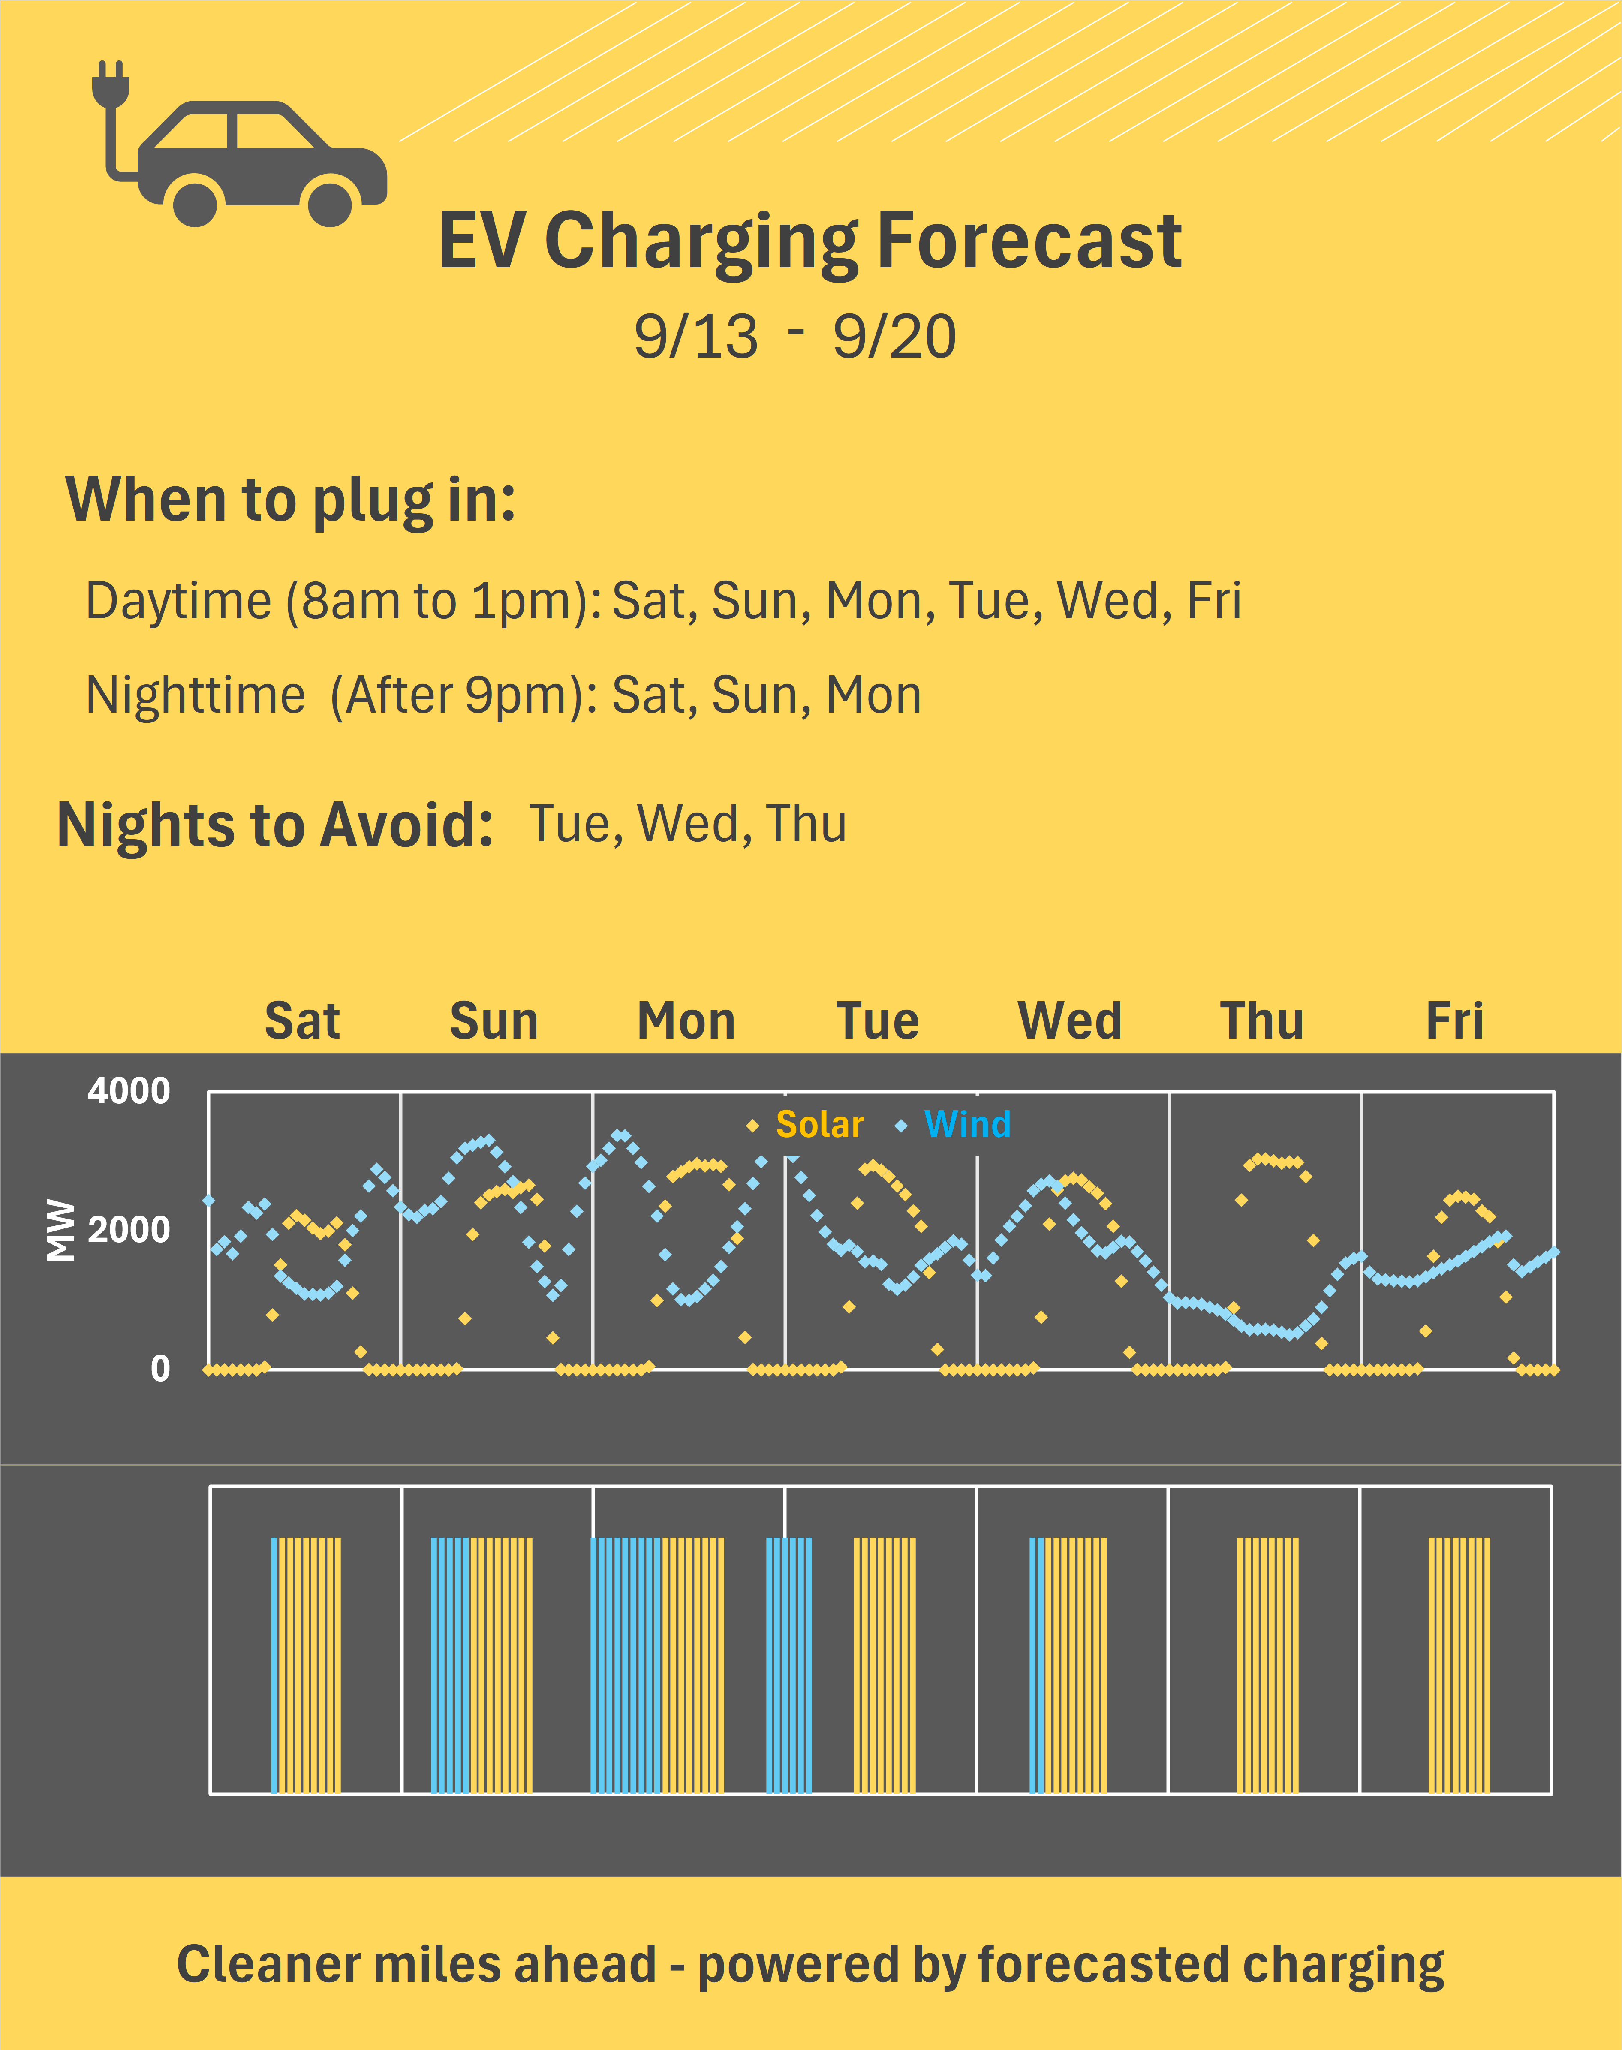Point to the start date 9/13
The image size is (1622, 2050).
pos(696,337)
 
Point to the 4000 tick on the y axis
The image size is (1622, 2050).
pos(129,1091)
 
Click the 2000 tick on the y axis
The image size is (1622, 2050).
pos(129,1230)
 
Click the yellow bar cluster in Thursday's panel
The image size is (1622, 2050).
pos(1267,1665)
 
